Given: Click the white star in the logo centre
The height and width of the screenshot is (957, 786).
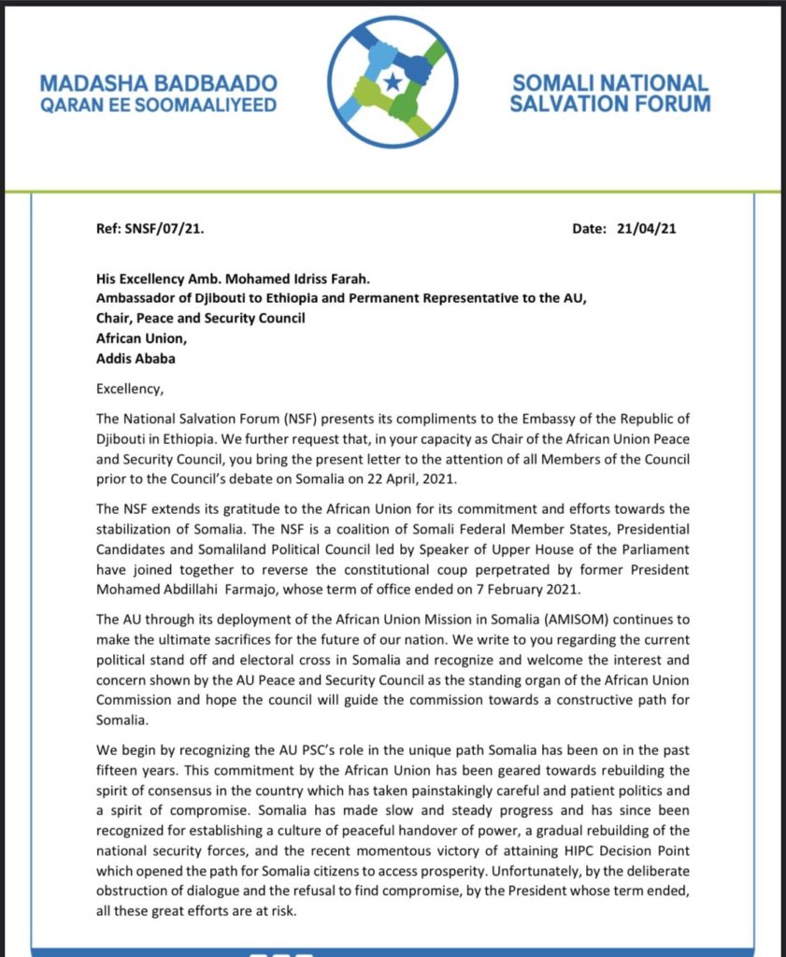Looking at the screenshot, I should [x=393, y=81].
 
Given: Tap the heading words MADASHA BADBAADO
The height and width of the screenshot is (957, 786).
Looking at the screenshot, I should [x=158, y=83].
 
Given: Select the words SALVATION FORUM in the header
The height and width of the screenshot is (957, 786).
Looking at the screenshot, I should [x=609, y=103].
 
